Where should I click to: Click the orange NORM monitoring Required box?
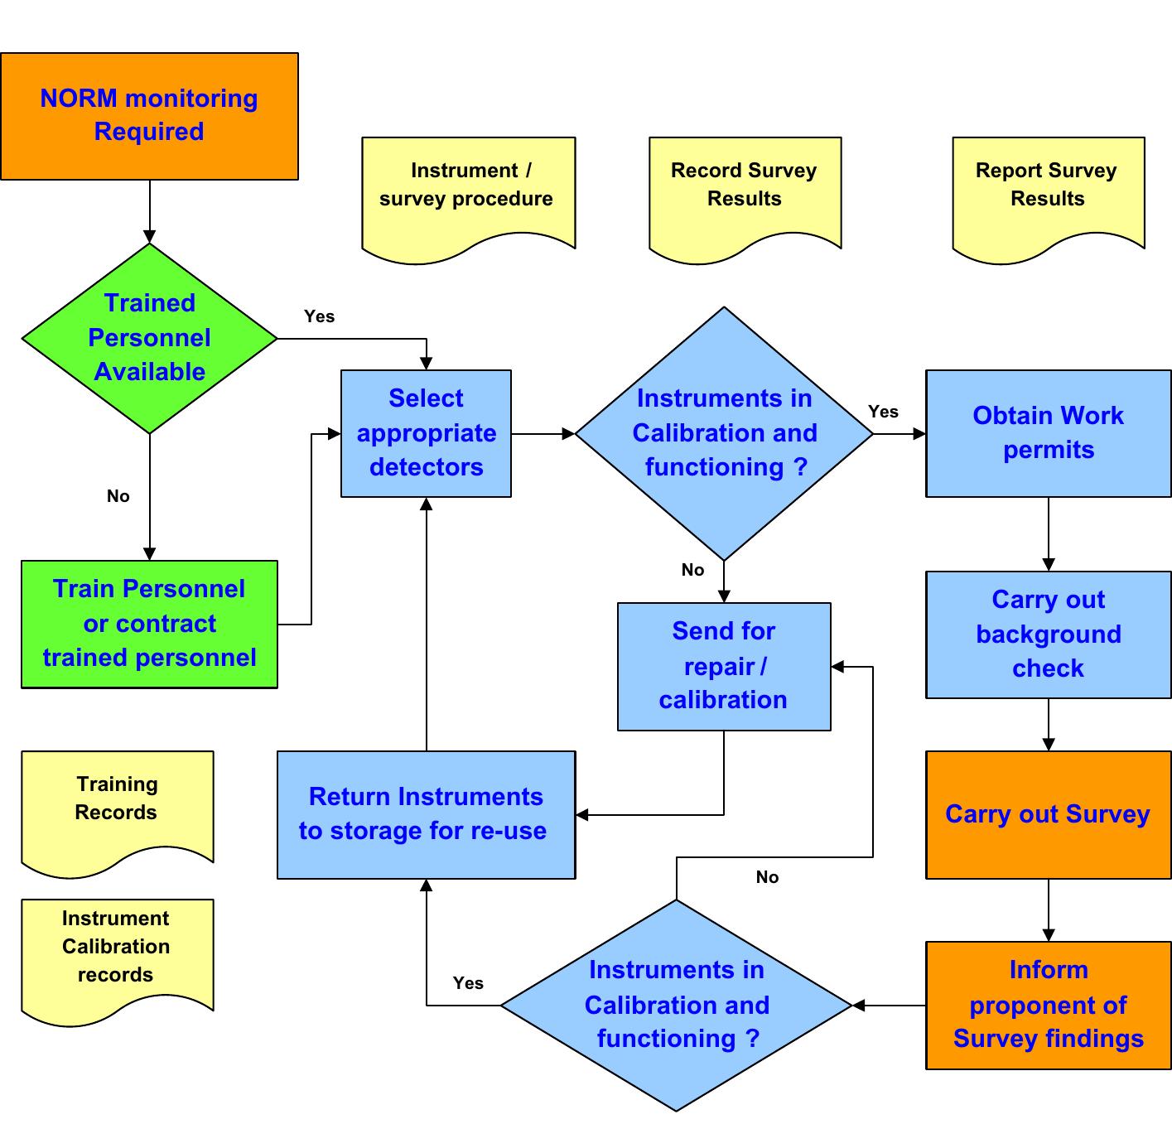[149, 116]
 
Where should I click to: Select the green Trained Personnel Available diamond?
[149, 338]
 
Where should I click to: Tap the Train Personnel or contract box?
[149, 624]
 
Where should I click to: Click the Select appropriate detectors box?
[426, 433]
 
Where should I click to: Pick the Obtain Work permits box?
[1048, 433]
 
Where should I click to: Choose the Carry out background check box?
[1048, 634]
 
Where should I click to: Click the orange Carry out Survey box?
[1048, 814]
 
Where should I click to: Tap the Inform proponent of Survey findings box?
[1048, 1005]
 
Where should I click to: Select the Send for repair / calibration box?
[724, 666]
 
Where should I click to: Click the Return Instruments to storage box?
[426, 814]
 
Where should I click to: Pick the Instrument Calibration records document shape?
[117, 953]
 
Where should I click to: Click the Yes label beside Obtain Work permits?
[883, 412]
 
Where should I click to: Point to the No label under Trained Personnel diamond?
[118, 496]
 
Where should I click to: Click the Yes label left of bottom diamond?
[468, 983]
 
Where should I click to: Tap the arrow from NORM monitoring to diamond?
[150, 211]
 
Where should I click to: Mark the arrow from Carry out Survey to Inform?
[1049, 909]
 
